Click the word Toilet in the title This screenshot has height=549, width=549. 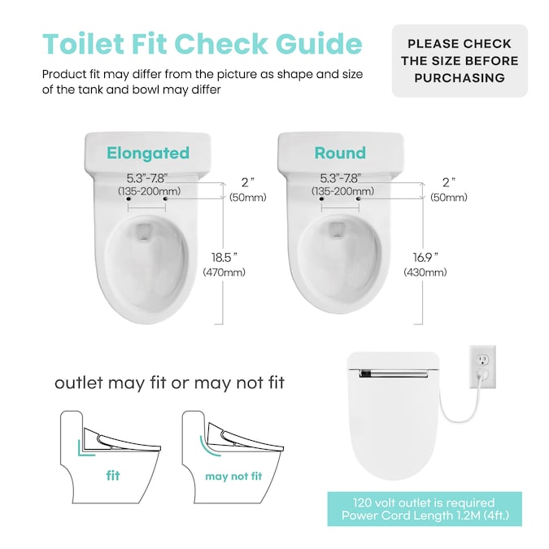(83, 44)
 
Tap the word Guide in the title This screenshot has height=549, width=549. (319, 44)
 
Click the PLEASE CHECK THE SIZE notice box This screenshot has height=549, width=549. (460, 60)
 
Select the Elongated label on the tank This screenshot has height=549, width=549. (148, 153)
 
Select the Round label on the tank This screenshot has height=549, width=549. (340, 153)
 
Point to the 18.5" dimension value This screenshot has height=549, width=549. (224, 258)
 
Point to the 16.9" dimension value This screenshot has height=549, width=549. (425, 258)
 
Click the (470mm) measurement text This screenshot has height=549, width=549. (224, 272)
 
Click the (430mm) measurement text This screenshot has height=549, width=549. (425, 272)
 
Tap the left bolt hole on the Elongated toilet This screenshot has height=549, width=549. (129, 199)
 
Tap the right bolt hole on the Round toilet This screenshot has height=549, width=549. (358, 199)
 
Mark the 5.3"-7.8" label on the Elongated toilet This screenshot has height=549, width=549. (146, 178)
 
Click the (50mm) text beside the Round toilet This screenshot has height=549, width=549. (449, 197)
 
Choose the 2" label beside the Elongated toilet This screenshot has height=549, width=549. (247, 182)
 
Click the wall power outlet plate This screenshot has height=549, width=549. (482, 367)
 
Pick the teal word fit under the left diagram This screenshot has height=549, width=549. (113, 476)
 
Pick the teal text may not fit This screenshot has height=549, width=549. (233, 476)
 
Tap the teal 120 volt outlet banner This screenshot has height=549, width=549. (425, 508)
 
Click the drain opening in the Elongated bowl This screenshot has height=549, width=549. (143, 232)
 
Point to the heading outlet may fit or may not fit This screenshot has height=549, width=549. (169, 383)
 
